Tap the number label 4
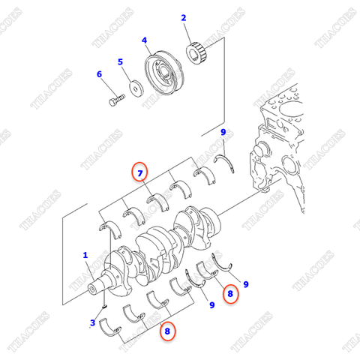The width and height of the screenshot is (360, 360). [x=145, y=41]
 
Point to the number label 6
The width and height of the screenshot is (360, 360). [x=98, y=73]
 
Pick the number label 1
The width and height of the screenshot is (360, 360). [x=85, y=255]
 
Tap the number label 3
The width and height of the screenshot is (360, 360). [x=92, y=322]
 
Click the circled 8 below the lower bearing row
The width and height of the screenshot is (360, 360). [x=167, y=329]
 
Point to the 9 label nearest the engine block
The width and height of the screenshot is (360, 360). [x=223, y=133]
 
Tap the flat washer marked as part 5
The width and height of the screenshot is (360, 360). [x=136, y=86]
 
